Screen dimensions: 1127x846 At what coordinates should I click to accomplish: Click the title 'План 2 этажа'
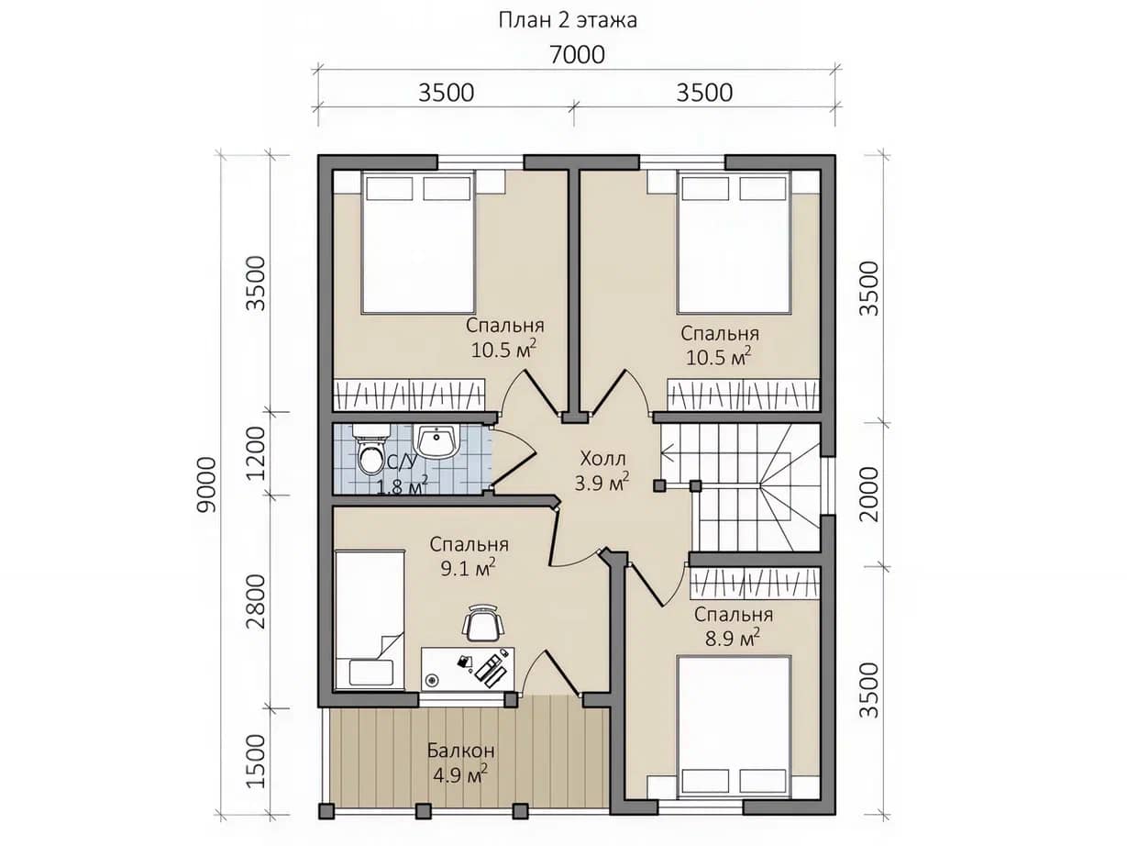coord(568,20)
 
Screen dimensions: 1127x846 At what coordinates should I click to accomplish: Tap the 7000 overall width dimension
coord(577,55)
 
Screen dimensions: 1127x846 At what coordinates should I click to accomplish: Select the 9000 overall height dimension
coord(207,484)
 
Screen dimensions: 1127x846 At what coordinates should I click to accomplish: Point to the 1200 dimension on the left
coord(255,453)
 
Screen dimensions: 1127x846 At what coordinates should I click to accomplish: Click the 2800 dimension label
coord(255,602)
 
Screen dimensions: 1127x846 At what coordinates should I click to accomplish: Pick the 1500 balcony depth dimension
coord(255,762)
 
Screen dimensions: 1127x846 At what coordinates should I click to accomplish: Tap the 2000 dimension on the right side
coord(868,495)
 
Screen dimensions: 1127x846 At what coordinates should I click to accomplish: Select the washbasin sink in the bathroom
coord(436,441)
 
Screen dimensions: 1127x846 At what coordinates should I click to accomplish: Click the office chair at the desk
coord(483,622)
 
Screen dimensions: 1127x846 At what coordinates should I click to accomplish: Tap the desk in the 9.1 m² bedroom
coord(468,668)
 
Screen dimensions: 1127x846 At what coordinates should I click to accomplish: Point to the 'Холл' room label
coord(602,458)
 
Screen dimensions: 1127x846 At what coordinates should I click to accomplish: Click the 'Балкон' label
coord(460,751)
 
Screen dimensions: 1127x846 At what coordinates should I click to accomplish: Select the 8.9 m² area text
coord(734,639)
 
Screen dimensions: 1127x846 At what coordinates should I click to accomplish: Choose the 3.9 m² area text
coord(602,483)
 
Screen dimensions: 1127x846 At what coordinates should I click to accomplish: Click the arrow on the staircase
coord(675,454)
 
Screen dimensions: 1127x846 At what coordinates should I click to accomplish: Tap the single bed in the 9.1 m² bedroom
coord(370,620)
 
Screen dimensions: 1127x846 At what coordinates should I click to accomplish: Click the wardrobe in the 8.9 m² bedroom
coord(755,583)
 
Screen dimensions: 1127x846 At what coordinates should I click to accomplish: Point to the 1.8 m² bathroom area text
coord(402,486)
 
